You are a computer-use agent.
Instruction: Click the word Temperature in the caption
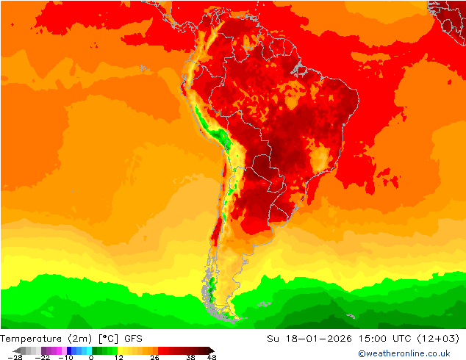coord(32,339)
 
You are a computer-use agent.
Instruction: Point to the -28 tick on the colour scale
coord(15,357)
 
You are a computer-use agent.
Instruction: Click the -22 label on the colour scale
coord(42,357)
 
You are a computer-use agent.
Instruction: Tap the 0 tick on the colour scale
coord(92,357)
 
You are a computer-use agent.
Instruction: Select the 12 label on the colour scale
coord(119,357)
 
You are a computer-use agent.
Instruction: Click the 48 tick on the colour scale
coord(212,357)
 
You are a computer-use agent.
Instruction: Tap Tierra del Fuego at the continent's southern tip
coord(229,315)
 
